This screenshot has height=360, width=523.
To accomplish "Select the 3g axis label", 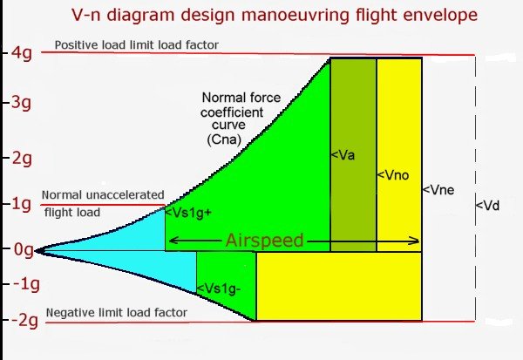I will pyautogui.click(x=19, y=103).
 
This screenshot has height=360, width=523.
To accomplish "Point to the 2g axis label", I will pyautogui.click(x=19, y=158).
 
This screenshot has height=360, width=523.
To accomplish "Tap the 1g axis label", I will pyautogui.click(x=19, y=204).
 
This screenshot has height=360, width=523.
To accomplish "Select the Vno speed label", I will pyautogui.click(x=391, y=175).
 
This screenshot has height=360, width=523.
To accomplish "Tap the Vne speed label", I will pyautogui.click(x=438, y=189).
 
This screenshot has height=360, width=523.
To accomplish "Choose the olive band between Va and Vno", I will pyautogui.click(x=353, y=209).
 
